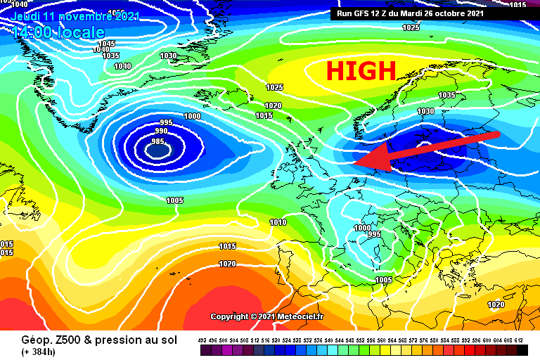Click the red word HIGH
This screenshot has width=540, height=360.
(361, 70)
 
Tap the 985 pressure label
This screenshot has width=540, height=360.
(157, 141)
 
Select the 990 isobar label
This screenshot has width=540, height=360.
(161, 131)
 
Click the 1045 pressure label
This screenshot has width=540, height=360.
(106, 44)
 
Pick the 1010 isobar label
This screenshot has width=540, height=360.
(278, 222)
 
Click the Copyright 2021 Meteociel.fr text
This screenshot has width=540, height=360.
(267, 316)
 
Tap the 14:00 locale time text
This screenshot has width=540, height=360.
(58, 32)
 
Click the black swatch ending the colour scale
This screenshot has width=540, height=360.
(522, 349)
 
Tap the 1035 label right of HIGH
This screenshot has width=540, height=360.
(446, 95)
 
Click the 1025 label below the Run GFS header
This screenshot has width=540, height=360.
(411, 27)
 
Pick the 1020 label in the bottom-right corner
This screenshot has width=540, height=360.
(496, 304)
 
